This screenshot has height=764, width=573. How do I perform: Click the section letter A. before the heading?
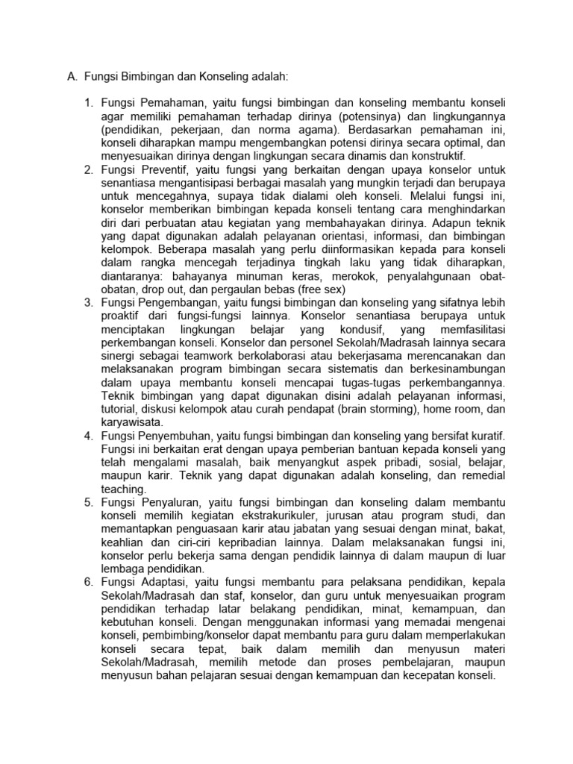tap(72, 76)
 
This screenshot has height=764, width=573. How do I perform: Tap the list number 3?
tap(88, 302)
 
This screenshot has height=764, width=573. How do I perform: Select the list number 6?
tap(88, 580)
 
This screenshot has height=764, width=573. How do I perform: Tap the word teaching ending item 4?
tap(124, 489)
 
